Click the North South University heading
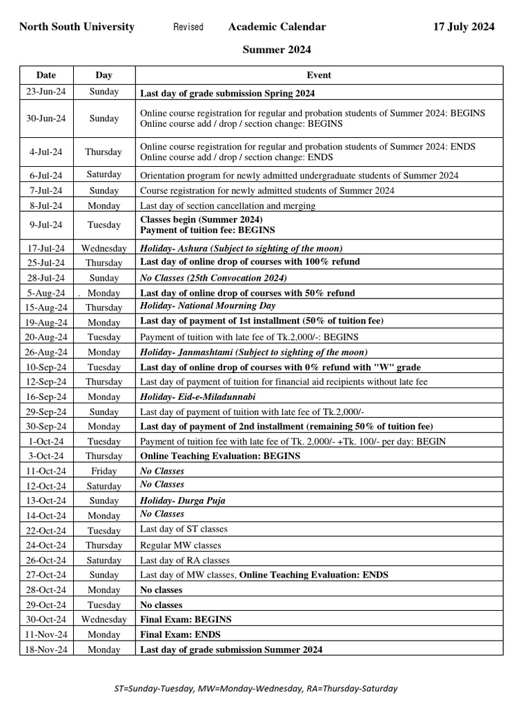pyautogui.click(x=77, y=27)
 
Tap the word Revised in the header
pyautogui.click(x=188, y=27)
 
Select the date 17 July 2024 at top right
pyautogui.click(x=463, y=27)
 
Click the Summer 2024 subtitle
pyautogui.click(x=276, y=50)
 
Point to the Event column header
pyautogui.click(x=318, y=74)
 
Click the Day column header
pyautogui.click(x=104, y=74)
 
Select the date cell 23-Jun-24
pyautogui.click(x=46, y=92)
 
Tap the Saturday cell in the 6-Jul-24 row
pyautogui.click(x=104, y=175)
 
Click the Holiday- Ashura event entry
pyautogui.click(x=241, y=248)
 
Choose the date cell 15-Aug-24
pyautogui.click(x=46, y=307)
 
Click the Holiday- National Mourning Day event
pyautogui.click(x=208, y=305)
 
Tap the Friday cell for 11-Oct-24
pyautogui.click(x=104, y=472)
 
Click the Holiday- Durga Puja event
pyautogui.click(x=183, y=501)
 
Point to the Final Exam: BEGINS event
pyautogui.click(x=186, y=619)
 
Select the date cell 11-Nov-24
pyautogui.click(x=46, y=634)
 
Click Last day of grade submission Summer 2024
pyautogui.click(x=231, y=649)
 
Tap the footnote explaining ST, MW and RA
pyautogui.click(x=255, y=688)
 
